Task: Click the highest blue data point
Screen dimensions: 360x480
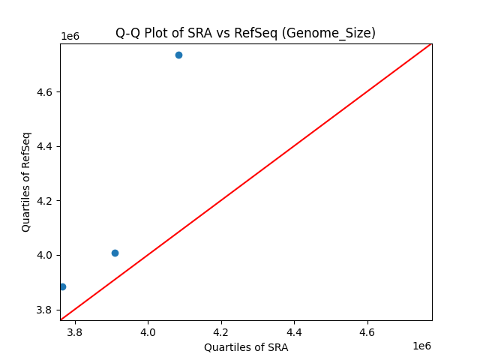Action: [x=178, y=55]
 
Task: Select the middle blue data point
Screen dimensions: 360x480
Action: [x=115, y=253]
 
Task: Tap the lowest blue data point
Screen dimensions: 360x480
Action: [x=62, y=286]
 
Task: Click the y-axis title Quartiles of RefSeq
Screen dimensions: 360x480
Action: [x=26, y=181]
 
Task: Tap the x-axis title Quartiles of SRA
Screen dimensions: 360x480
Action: [x=246, y=347]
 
